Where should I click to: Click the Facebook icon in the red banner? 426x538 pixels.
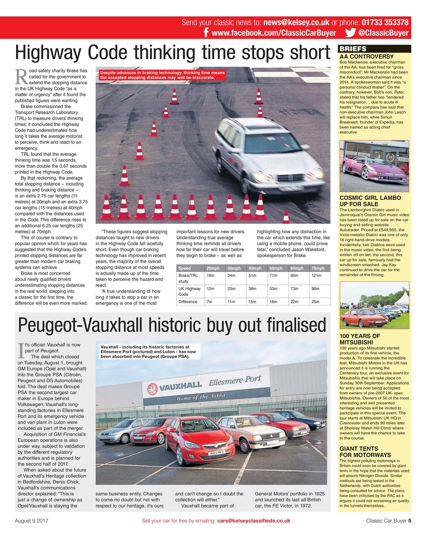click(x=206, y=33)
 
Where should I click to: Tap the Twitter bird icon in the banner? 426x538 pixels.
click(x=350, y=33)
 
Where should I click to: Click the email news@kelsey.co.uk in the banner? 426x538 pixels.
click(x=296, y=23)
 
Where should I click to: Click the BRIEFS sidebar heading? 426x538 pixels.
click(x=353, y=49)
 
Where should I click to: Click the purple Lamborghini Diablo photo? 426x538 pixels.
click(x=374, y=166)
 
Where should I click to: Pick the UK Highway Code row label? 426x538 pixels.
click(x=189, y=291)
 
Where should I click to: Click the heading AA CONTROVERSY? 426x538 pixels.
click(x=366, y=56)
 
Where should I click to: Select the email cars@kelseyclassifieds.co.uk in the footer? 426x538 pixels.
click(x=253, y=520)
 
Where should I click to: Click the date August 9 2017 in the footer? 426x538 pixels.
click(x=32, y=520)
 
